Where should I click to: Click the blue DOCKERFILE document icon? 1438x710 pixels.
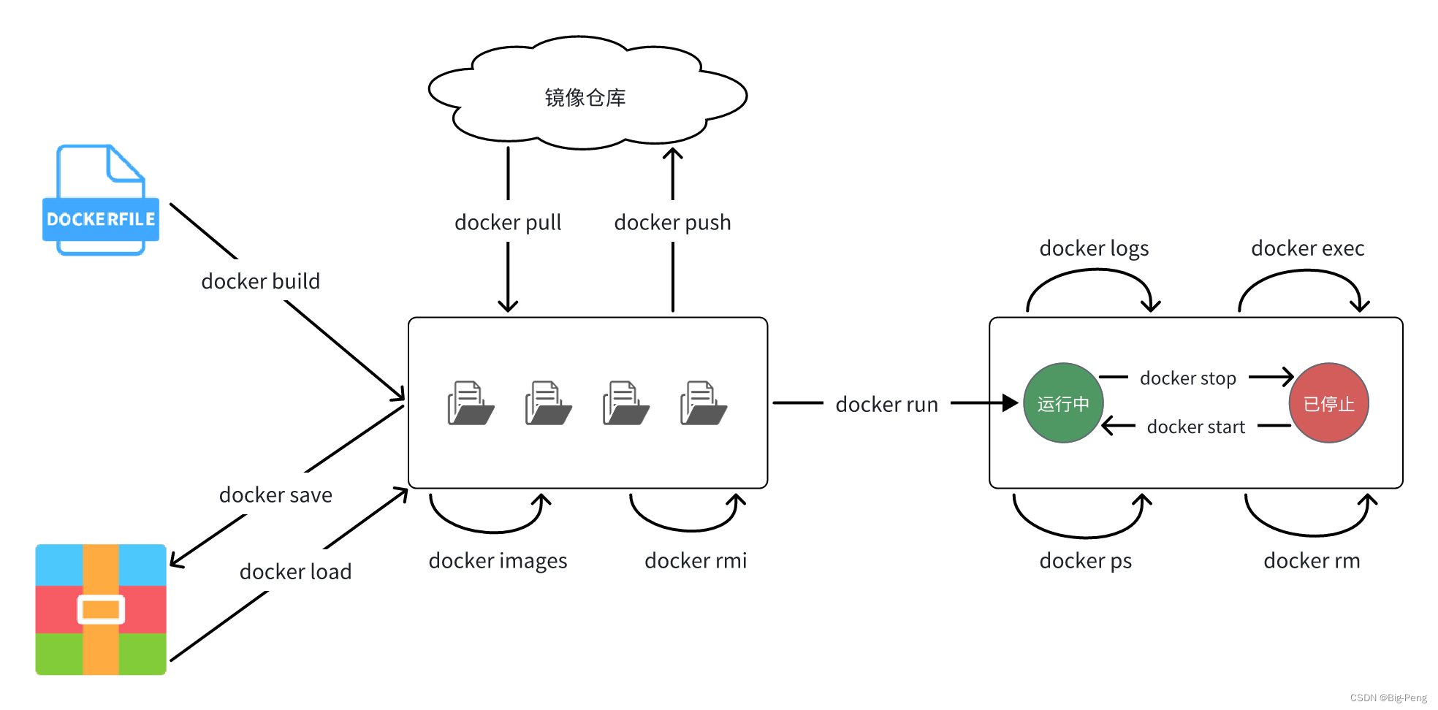tap(101, 201)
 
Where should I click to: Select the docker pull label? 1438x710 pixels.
tap(508, 222)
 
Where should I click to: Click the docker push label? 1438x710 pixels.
tap(672, 222)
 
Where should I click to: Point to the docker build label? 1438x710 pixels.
tap(260, 281)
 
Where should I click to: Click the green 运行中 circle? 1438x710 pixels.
tap(1063, 403)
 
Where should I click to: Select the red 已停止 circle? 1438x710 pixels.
tap(1328, 403)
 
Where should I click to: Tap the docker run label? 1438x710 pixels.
tap(886, 404)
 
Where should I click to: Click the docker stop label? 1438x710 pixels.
tap(1187, 378)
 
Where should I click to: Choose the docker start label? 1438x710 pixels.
tap(1195, 427)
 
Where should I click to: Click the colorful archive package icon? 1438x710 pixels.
tap(101, 609)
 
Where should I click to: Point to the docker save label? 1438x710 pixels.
tap(275, 495)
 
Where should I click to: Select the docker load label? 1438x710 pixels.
tap(295, 571)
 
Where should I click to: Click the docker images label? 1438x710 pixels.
tap(498, 560)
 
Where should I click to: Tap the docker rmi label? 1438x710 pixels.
tap(696, 560)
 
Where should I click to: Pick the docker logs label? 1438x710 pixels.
tap(1094, 248)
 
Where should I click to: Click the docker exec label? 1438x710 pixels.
tap(1307, 248)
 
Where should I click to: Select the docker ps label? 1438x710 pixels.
tap(1085, 560)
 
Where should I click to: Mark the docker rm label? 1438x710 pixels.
tap(1312, 560)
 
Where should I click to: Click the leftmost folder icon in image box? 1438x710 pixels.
tap(470, 403)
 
